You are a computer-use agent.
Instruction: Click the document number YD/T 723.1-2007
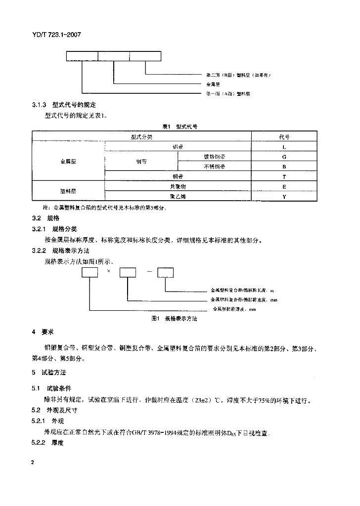56,36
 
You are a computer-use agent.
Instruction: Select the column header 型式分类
141,136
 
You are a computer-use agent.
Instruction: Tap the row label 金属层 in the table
68,162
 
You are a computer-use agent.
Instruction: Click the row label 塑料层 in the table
68,192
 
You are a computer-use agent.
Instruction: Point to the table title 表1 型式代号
180,126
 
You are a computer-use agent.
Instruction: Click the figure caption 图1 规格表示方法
174,319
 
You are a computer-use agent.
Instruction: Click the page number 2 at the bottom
33,462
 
